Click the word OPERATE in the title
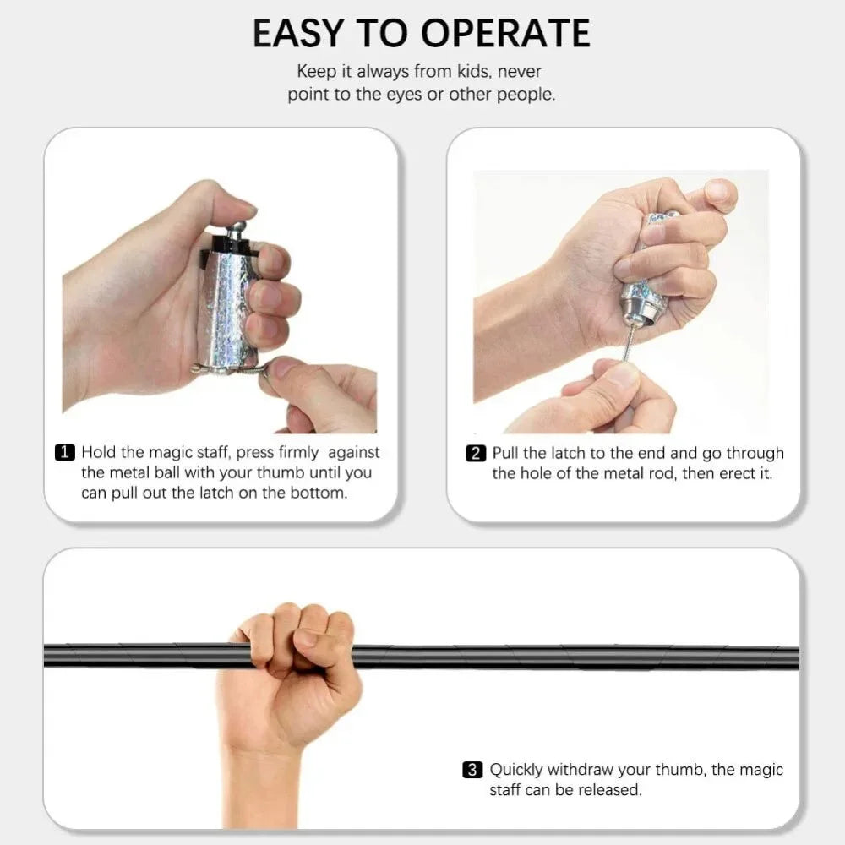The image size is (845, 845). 505,34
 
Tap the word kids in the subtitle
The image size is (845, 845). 482,72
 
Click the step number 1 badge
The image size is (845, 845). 66,453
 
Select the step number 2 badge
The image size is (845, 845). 477,454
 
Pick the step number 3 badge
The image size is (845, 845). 473,770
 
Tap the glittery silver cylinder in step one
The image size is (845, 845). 223,304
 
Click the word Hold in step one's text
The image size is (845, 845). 98,453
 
